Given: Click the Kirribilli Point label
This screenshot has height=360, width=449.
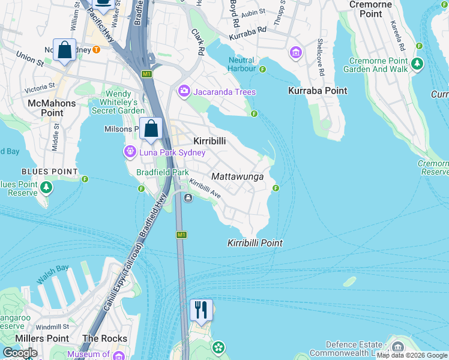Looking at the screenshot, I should [255, 243].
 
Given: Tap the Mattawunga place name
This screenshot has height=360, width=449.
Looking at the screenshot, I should [238, 176].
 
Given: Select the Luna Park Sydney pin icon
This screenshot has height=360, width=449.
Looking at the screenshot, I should [129, 152].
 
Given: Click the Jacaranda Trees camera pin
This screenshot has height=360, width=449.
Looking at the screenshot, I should [184, 92].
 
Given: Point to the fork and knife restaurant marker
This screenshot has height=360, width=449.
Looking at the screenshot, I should [202, 309].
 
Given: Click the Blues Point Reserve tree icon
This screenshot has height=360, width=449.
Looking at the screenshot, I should [46, 188].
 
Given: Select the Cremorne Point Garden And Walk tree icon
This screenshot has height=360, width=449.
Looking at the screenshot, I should [417, 63].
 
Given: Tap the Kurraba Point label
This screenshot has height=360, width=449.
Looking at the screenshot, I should [318, 91].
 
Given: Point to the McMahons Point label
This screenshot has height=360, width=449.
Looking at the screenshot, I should [52, 108].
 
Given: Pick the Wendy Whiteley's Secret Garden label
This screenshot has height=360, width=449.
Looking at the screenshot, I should [118, 102].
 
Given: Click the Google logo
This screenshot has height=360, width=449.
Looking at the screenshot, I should [19, 353].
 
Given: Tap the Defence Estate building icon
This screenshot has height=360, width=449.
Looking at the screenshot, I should [397, 347].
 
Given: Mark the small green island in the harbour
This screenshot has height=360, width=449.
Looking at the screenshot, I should [349, 281].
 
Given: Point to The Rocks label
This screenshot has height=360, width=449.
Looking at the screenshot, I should [104, 338].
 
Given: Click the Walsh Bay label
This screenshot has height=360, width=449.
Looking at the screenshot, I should [53, 272].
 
